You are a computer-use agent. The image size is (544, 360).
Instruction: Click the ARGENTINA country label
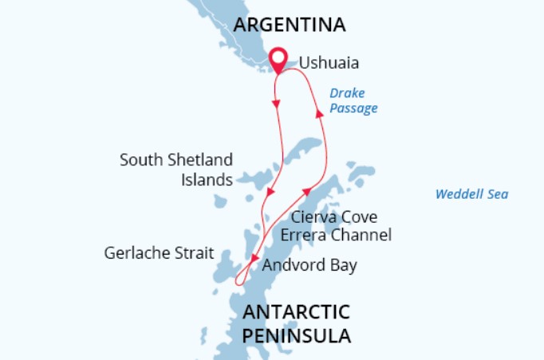pos(289,25)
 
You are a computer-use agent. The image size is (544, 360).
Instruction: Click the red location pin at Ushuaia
pos(278,58)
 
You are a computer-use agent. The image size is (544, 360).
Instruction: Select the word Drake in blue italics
pos(347,93)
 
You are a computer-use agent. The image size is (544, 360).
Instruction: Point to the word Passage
pos(353,108)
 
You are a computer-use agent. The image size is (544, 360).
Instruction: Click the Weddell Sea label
pos(471,194)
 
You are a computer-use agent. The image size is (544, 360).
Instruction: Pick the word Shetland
pos(200,160)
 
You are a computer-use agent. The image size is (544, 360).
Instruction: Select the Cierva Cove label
pos(333,217)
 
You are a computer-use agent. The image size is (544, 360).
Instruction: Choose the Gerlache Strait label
pos(159,254)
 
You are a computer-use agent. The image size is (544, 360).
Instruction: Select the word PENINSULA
pos(296,335)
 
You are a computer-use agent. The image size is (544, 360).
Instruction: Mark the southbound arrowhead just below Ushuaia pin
pos(278,104)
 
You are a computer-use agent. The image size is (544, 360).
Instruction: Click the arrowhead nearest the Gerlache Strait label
pos(254,259)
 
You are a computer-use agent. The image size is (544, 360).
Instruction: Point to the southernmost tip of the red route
pos(237,283)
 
